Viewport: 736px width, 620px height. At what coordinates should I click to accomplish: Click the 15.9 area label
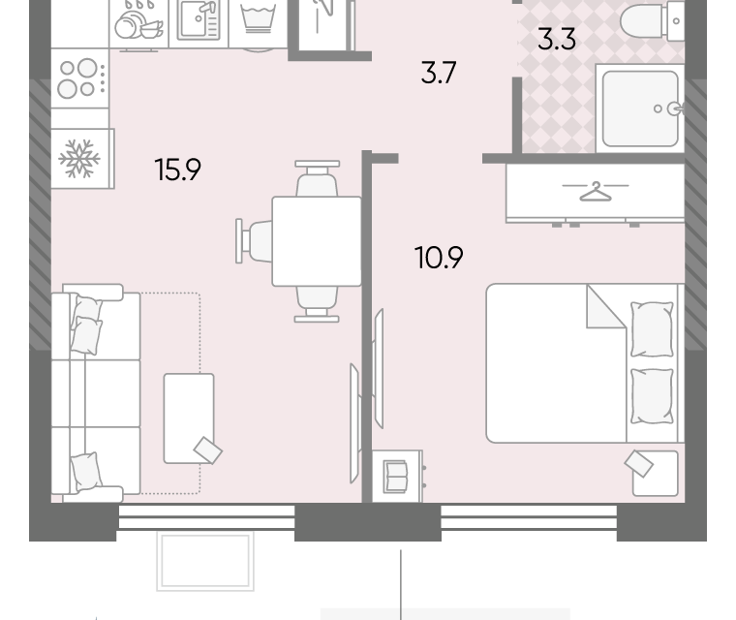point(177,170)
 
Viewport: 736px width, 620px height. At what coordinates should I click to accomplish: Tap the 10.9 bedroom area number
point(439,258)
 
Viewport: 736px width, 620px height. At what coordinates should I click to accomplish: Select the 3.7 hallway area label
point(439,73)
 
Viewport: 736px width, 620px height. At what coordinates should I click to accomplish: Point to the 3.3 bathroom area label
point(557,39)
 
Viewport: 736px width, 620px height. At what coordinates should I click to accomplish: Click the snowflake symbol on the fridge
point(79,159)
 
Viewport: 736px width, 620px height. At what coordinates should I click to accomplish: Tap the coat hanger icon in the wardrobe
point(596,191)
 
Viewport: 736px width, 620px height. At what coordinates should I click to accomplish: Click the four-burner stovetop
point(79,77)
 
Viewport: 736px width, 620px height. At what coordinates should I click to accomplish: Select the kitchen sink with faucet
point(199,21)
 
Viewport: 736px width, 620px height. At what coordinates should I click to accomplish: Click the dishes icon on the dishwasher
point(138,21)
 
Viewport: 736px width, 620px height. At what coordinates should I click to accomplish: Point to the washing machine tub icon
point(258,18)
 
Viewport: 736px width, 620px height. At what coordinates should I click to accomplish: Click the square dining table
point(317,241)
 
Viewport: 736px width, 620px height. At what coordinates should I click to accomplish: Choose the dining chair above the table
point(317,178)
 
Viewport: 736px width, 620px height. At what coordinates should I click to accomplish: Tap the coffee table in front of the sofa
point(189,418)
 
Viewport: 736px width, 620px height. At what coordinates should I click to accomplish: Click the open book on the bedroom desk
point(395,477)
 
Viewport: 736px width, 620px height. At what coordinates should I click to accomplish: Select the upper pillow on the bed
point(652,329)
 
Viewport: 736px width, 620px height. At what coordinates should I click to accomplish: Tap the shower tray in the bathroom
point(640,108)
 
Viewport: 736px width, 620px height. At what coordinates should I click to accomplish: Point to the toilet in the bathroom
point(652,20)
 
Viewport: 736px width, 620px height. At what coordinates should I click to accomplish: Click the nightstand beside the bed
point(656,474)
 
